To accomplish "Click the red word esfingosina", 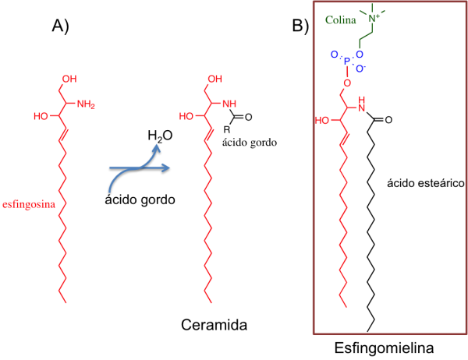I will pyautogui.click(x=29, y=204).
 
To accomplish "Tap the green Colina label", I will pyautogui.click(x=340, y=19).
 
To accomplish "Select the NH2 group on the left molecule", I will pyautogui.click(x=86, y=104).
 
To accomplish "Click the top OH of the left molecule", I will pyautogui.click(x=69, y=79).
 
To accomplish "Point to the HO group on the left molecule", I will pyautogui.click(x=41, y=116).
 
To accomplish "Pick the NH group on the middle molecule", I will pyautogui.click(x=229, y=104).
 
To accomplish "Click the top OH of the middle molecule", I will pyautogui.click(x=214, y=79).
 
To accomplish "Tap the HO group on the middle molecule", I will pyautogui.click(x=186, y=116).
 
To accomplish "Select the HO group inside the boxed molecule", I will pyautogui.click(x=321, y=121).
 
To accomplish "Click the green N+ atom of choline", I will pyautogui.click(x=374, y=17).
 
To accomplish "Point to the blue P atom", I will pyautogui.click(x=347, y=61).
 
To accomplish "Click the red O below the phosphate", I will pyautogui.click(x=346, y=83).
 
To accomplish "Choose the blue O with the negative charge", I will pyautogui.click(x=360, y=69).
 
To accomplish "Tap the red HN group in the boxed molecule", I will pyautogui.click(x=361, y=104).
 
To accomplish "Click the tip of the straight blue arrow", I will pyautogui.click(x=169, y=167).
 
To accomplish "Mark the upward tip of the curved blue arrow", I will pyautogui.click(x=156, y=145).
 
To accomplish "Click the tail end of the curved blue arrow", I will pyautogui.click(x=110, y=191).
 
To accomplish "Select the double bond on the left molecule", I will pyautogui.click(x=63, y=133).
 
